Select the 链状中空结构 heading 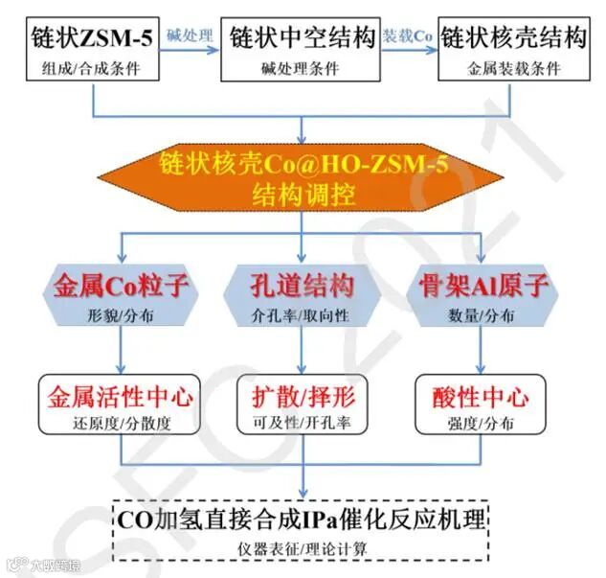point(302,38)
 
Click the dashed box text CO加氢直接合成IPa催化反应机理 point(302,520)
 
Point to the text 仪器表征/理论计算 point(302,548)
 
